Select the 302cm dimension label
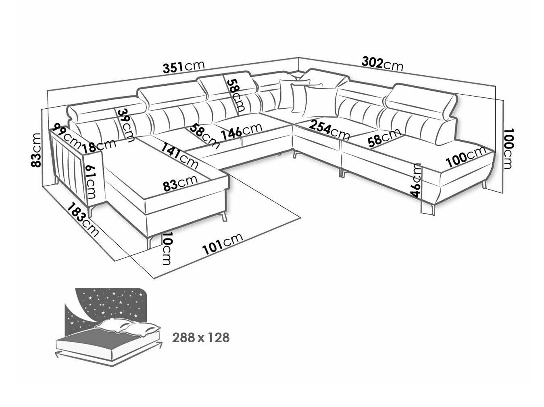pyautogui.click(x=382, y=64)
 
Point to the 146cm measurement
pyautogui.click(x=242, y=131)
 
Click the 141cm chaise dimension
pyautogui.click(x=180, y=156)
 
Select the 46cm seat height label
pyautogui.click(x=416, y=180)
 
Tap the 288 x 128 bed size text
pyautogui.click(x=201, y=337)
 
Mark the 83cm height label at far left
pyautogui.click(x=35, y=150)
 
